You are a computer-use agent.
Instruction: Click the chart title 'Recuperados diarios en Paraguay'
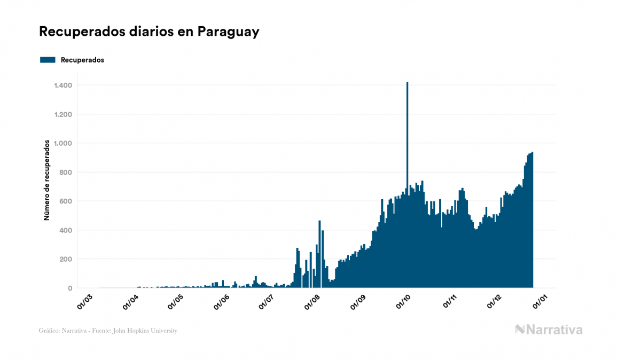149,32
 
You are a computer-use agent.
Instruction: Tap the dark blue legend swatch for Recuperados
48,60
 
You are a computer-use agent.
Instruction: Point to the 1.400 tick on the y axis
63,85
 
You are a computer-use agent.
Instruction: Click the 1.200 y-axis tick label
63,114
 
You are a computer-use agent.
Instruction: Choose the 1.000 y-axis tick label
63,143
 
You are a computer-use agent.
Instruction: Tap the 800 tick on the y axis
67,173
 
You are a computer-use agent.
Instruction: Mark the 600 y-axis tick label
67,201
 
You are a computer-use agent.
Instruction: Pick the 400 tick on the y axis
67,230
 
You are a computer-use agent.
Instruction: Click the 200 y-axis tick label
67,259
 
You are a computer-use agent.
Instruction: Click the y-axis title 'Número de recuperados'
47,181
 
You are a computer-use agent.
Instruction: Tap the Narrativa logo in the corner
549,330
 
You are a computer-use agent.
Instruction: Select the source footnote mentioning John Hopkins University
108,331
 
